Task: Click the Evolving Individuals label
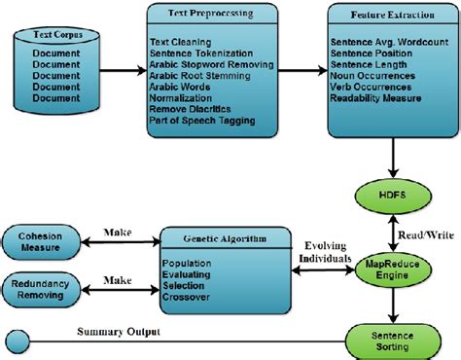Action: tap(326, 253)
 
